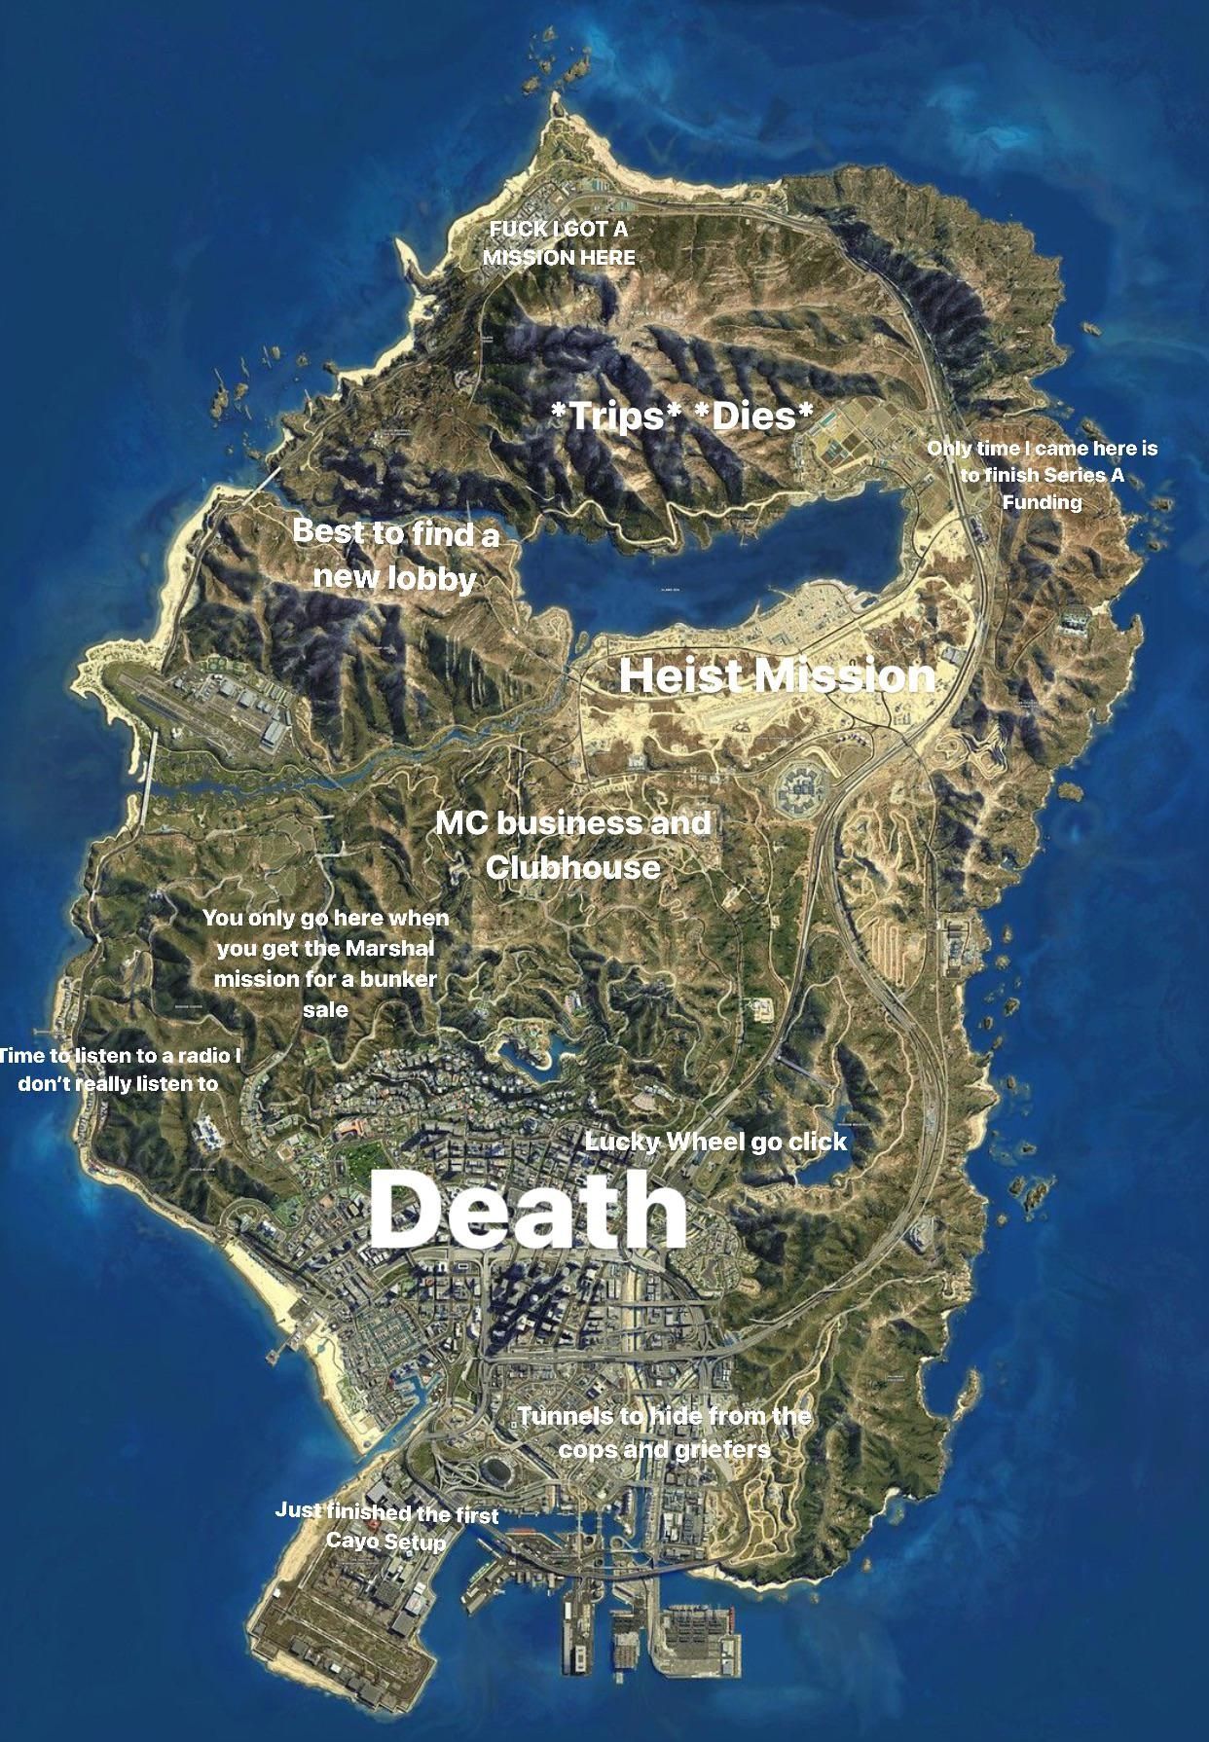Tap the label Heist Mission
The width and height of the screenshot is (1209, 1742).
coord(776,675)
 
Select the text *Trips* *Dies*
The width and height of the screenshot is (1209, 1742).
coord(681,416)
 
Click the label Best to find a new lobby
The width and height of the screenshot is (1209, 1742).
coord(395,555)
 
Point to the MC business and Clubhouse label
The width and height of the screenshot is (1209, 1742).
coord(572,844)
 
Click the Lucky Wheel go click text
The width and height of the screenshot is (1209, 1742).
coord(715,1142)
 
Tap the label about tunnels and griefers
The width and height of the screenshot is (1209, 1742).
coord(664,1432)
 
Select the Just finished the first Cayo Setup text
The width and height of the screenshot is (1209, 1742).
coord(386,1527)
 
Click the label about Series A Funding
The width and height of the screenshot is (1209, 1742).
coord(1043,475)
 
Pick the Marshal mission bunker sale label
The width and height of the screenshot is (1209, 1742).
coord(325,962)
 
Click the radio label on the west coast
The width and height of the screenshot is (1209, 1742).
coord(119,1070)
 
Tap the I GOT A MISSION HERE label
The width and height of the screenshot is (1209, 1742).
coord(559,243)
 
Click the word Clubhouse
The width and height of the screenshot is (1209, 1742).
coord(572,866)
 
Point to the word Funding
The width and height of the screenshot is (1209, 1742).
coord(1043,502)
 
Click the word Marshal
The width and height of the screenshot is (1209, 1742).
coord(386,948)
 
